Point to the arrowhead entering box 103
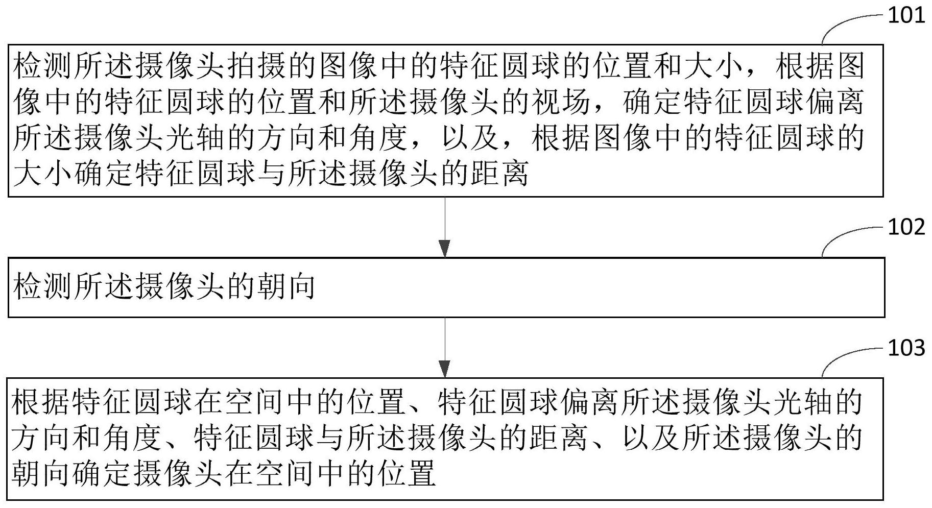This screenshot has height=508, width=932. [x=445, y=369]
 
